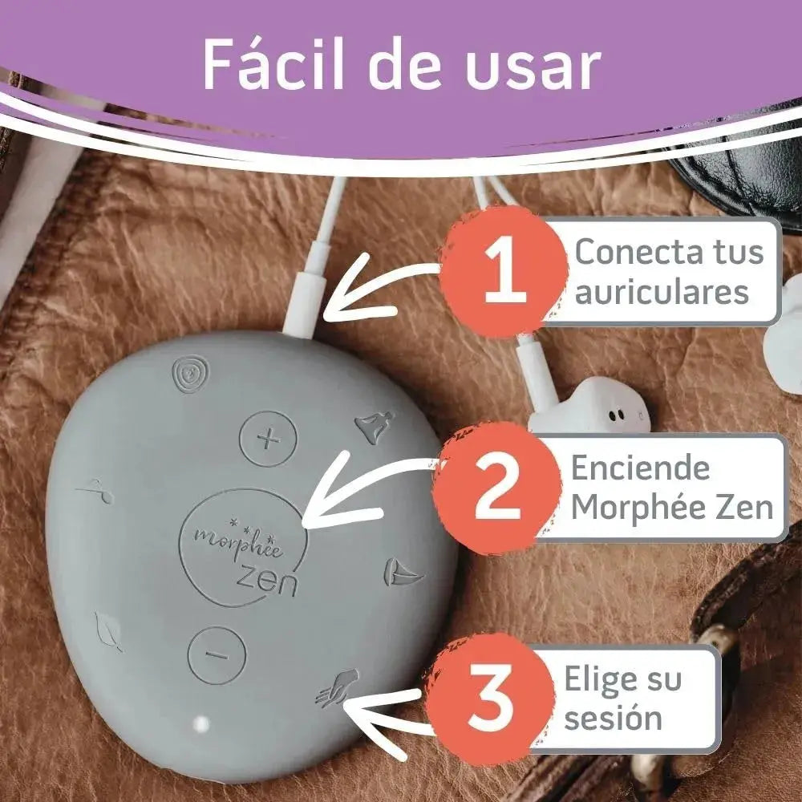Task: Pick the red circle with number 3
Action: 490,699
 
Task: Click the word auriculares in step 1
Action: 662,292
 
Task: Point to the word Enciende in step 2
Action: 640,468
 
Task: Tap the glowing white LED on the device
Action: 201,723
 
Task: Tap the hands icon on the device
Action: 337,688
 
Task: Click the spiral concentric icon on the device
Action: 190,375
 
